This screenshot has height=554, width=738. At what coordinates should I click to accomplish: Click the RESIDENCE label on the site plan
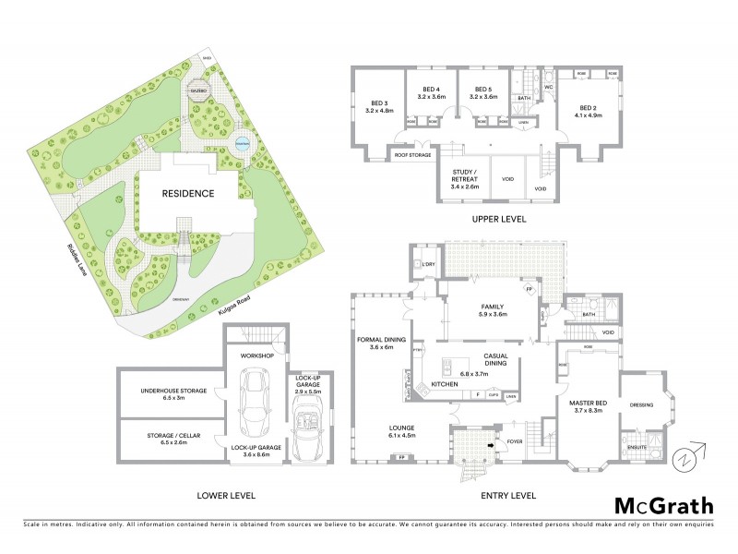[x=188, y=194]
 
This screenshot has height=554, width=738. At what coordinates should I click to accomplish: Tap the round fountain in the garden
[x=243, y=143]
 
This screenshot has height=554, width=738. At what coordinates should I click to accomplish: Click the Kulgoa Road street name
[x=236, y=307]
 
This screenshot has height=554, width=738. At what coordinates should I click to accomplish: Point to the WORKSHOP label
[x=258, y=355]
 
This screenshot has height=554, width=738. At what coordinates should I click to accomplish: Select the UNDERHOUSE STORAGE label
[x=173, y=391]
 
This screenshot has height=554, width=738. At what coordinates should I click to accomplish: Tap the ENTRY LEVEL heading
[x=508, y=495]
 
